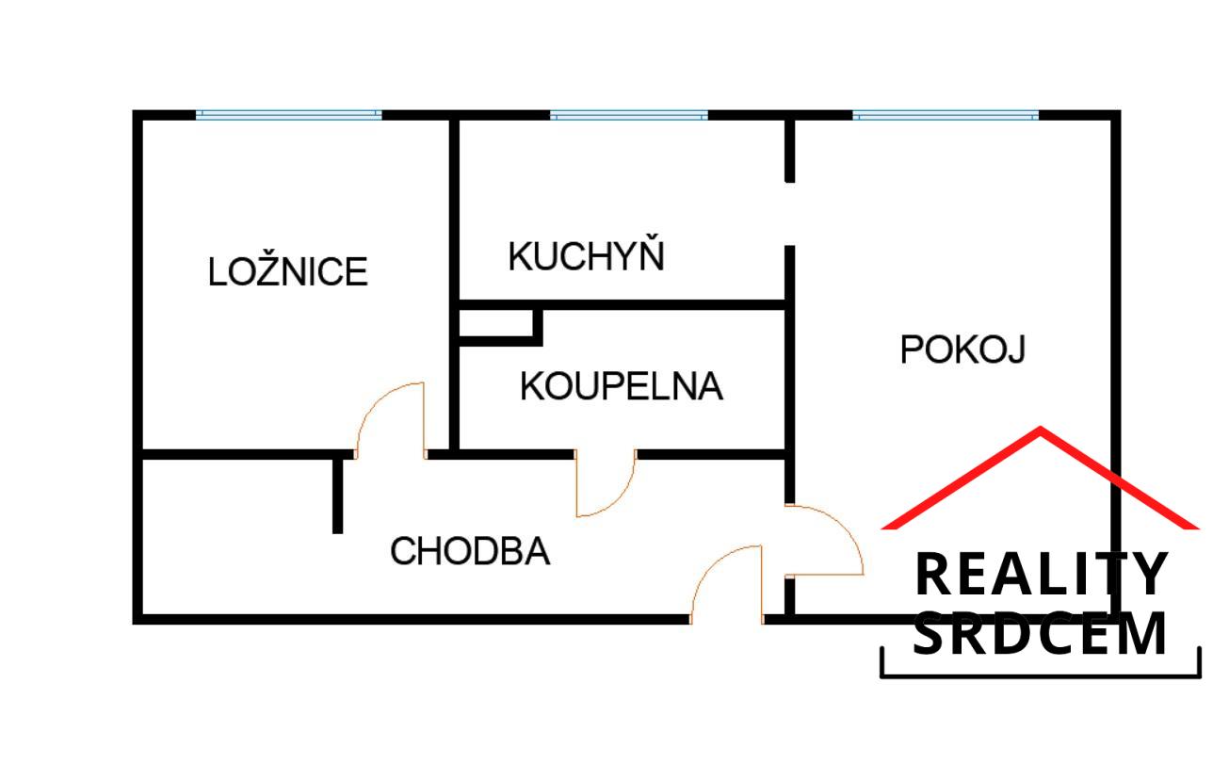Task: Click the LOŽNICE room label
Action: pyautogui.click(x=287, y=272)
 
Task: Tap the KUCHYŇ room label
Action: pyautogui.click(x=586, y=256)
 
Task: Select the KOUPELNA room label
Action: pyautogui.click(x=622, y=386)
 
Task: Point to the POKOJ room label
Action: pyautogui.click(x=962, y=349)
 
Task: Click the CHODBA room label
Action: pyautogui.click(x=470, y=551)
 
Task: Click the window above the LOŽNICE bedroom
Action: pyautogui.click(x=289, y=115)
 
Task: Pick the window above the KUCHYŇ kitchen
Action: pyautogui.click(x=628, y=115)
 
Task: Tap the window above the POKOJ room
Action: pyautogui.click(x=945, y=115)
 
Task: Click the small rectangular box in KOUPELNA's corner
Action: pyautogui.click(x=497, y=322)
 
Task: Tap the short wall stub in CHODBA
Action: pyautogui.click(x=337, y=495)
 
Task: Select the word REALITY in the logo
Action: pyautogui.click(x=1041, y=576)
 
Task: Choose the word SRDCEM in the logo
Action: pyautogui.click(x=1041, y=634)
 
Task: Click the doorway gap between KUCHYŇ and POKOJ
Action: pyautogui.click(x=789, y=214)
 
